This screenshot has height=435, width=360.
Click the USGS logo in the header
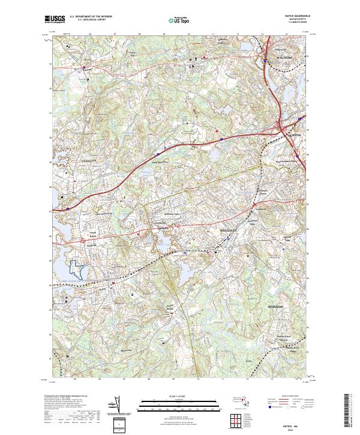click(x=55, y=20)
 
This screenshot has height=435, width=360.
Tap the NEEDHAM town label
click(x=275, y=307)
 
